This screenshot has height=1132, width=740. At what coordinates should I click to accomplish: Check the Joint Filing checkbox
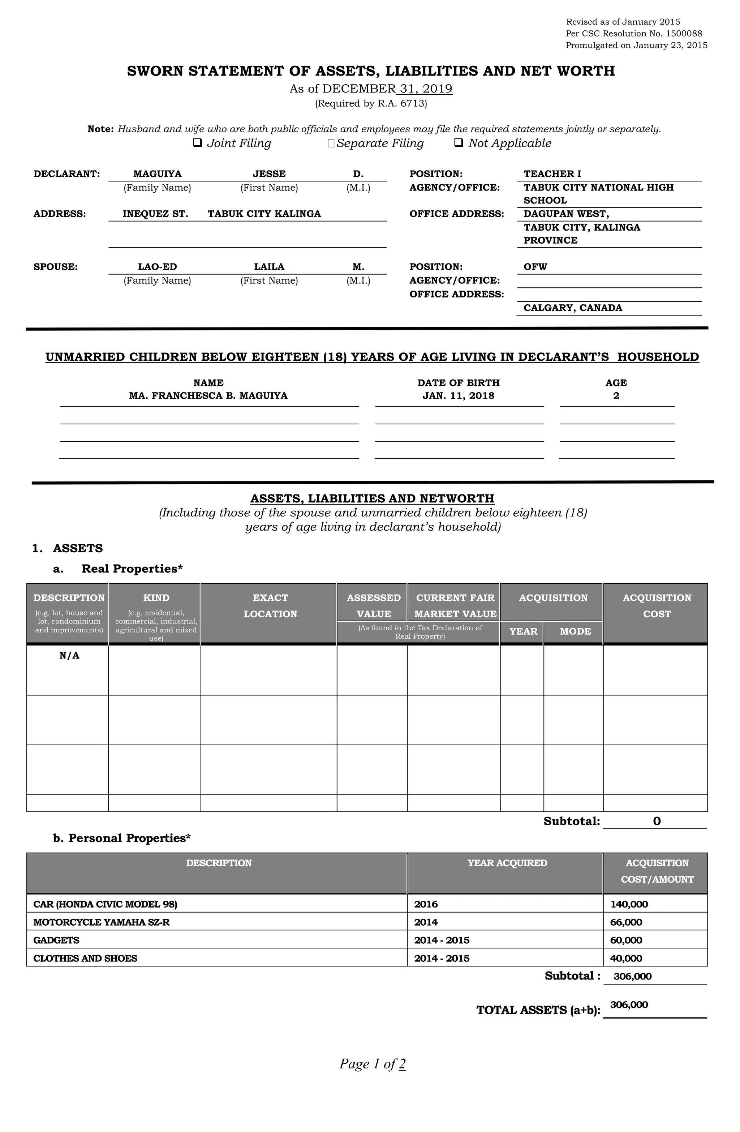pyautogui.click(x=197, y=143)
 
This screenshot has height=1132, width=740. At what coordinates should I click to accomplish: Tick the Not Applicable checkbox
pyautogui.click(x=459, y=143)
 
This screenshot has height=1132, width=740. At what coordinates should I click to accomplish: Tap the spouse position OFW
pyautogui.click(x=535, y=267)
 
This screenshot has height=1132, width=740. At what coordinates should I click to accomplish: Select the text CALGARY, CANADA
pyautogui.click(x=573, y=308)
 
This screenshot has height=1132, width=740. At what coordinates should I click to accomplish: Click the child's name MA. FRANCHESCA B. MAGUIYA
pyautogui.click(x=208, y=396)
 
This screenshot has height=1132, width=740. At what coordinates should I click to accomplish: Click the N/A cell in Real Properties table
pyautogui.click(x=69, y=656)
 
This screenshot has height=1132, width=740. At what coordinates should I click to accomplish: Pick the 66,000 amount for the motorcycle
pyautogui.click(x=626, y=922)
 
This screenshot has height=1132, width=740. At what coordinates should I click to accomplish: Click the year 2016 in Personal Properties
pyautogui.click(x=426, y=904)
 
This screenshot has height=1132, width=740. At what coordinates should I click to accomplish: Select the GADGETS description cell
pyautogui.click(x=56, y=940)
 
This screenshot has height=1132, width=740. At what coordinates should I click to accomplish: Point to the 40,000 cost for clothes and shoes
pyautogui.click(x=626, y=959)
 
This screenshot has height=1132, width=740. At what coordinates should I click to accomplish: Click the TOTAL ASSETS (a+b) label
pyautogui.click(x=538, y=1010)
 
